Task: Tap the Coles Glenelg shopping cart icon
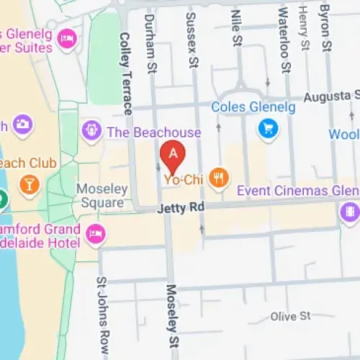268,130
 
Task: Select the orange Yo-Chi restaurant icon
219,177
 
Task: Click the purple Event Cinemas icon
349,212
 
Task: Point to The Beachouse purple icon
91,131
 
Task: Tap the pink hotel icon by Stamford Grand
94,233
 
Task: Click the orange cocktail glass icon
29,184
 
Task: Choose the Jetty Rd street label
181,209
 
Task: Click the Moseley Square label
102,196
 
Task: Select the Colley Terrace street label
125,72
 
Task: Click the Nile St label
235,29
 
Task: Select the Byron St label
325,27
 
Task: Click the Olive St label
290,316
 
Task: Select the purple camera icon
22,124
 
